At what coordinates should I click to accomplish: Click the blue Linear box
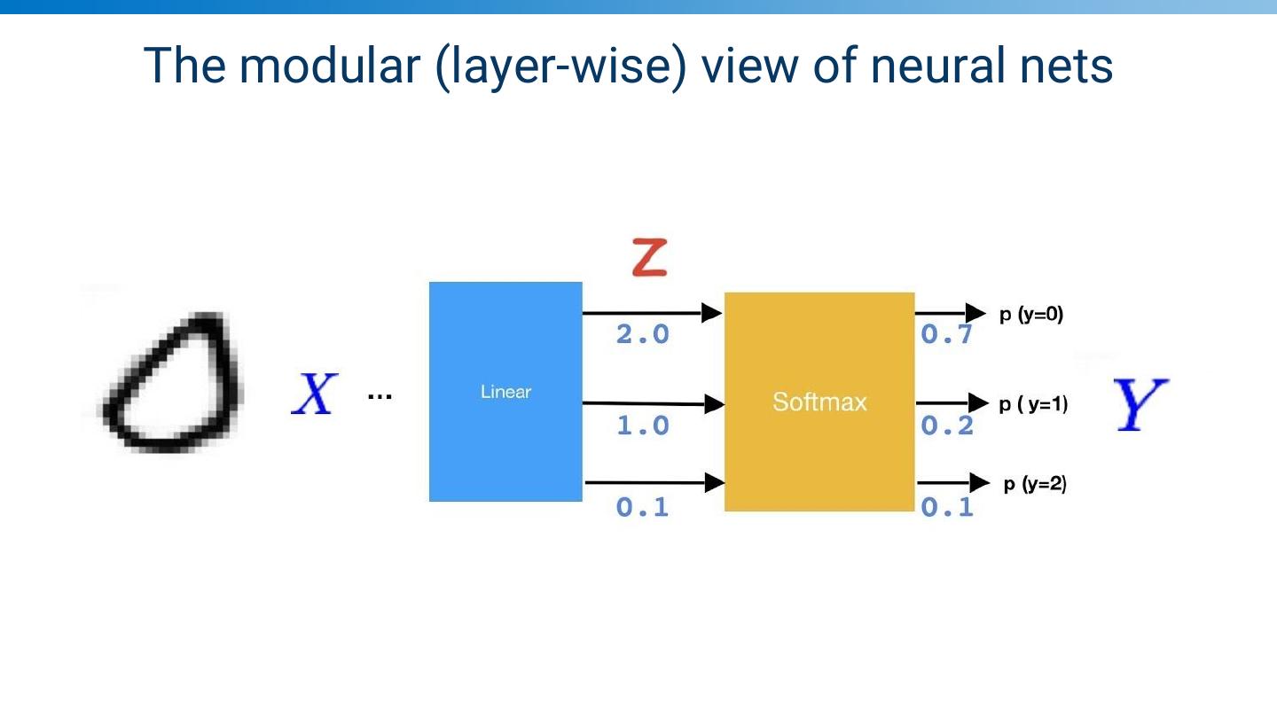pyautogui.click(x=505, y=392)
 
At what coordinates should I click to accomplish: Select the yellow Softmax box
pyautogui.click(x=819, y=402)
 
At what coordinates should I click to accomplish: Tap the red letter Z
pyautogui.click(x=649, y=257)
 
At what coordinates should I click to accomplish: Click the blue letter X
pyautogui.click(x=314, y=395)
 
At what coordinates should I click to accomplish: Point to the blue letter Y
pyautogui.click(x=1140, y=404)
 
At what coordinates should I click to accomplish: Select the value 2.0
pyautogui.click(x=643, y=335)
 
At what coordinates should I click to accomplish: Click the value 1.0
pyautogui.click(x=643, y=426)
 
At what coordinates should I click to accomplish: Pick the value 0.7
pyautogui.click(x=947, y=335)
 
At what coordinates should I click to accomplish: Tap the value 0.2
pyautogui.click(x=947, y=426)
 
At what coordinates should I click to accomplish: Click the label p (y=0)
pyautogui.click(x=1031, y=314)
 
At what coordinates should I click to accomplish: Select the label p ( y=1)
pyautogui.click(x=1033, y=404)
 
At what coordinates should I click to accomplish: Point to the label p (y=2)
pyautogui.click(x=1034, y=484)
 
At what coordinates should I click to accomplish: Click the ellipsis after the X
pyautogui.click(x=380, y=395)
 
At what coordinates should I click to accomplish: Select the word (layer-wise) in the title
pyautogui.click(x=561, y=67)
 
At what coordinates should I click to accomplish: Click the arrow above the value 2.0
pyautogui.click(x=652, y=313)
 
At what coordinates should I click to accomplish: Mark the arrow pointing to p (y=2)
pyautogui.click(x=952, y=483)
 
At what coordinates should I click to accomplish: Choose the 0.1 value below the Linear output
pyautogui.click(x=643, y=508)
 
